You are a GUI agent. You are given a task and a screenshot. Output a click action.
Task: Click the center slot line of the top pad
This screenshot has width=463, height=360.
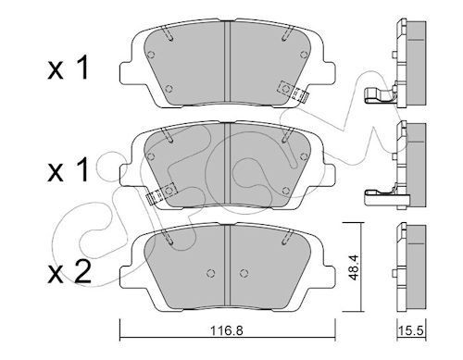(x=229, y=61)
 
